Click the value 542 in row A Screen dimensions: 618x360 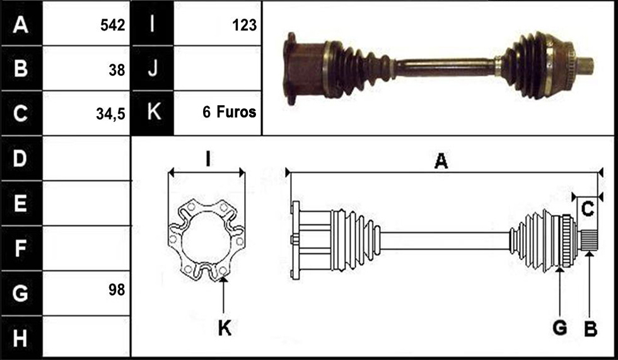point(113,25)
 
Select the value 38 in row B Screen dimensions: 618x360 point(117,70)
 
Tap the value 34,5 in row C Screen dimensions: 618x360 point(110,114)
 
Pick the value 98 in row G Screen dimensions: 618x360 point(117,290)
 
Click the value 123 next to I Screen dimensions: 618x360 point(245,25)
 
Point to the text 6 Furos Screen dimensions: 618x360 point(230,112)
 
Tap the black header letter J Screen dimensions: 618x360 point(152,68)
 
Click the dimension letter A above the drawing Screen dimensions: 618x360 point(441,161)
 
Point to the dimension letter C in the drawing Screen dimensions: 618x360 point(587,209)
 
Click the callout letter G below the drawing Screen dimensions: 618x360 point(560,328)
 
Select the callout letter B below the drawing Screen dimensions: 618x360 point(590,328)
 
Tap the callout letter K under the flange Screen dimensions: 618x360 point(224,328)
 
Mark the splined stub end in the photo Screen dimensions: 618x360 point(585,66)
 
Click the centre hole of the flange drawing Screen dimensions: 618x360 point(205,239)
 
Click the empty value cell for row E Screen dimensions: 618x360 point(86,203)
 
